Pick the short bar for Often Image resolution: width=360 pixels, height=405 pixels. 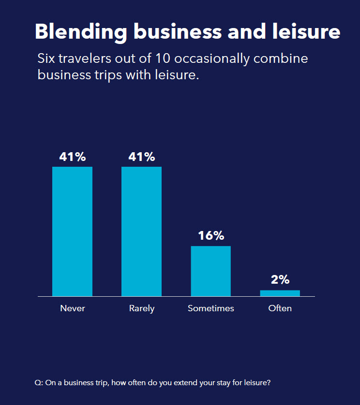pyautogui.click(x=280, y=293)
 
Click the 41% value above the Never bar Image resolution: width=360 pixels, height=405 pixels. pyautogui.click(x=72, y=157)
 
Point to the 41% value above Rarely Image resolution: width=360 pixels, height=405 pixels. pyautogui.click(x=141, y=157)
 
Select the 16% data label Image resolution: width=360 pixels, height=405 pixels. pyautogui.click(x=211, y=236)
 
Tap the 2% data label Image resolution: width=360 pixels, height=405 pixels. pyautogui.click(x=280, y=279)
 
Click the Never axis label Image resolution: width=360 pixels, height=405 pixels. pyautogui.click(x=72, y=308)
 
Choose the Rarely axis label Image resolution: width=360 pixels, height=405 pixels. pyautogui.click(x=141, y=308)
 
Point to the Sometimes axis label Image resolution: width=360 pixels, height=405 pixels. pyautogui.click(x=211, y=308)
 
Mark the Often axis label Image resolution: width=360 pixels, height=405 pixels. pyautogui.click(x=280, y=308)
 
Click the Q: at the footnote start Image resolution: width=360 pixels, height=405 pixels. pyautogui.click(x=39, y=383)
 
